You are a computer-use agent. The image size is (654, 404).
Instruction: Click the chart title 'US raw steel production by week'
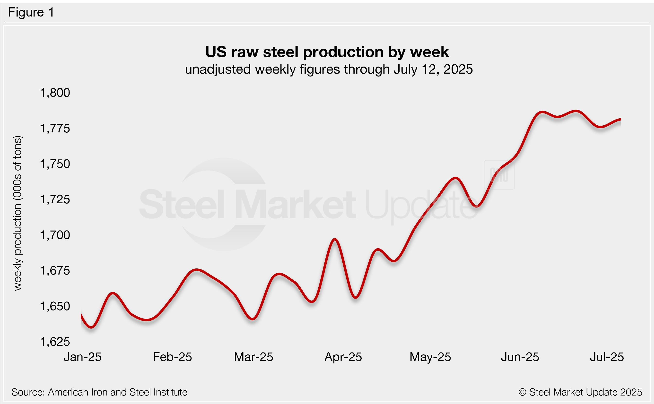point(327,52)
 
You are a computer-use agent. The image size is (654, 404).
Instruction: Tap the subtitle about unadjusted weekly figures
point(329,69)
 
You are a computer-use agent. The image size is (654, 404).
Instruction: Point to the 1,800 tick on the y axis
point(55,93)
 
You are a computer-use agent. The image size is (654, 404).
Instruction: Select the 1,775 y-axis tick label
point(55,129)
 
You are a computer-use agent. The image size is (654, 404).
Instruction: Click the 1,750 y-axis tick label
point(55,164)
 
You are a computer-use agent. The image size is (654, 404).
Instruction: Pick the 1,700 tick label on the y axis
point(55,235)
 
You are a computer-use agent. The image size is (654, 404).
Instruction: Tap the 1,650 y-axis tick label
point(55,306)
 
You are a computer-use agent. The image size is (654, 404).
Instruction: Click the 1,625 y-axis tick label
point(55,342)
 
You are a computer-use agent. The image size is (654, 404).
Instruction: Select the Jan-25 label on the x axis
point(83,357)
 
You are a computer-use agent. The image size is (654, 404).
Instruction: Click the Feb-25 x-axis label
point(172,357)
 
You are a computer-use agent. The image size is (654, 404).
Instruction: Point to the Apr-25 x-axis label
point(343,357)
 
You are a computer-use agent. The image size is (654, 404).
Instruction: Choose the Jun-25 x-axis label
point(520,357)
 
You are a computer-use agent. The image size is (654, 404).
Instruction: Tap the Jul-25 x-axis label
point(607,357)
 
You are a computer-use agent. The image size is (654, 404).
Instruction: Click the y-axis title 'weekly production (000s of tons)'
point(18,213)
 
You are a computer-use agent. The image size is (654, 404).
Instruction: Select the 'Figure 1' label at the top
point(31,12)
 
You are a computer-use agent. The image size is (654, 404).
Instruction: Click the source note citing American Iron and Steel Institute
point(99,392)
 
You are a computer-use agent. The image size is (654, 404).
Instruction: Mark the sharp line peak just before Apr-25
point(335,239)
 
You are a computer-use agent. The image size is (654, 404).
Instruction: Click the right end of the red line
point(620,119)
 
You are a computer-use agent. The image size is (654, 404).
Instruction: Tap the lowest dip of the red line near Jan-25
point(91,327)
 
